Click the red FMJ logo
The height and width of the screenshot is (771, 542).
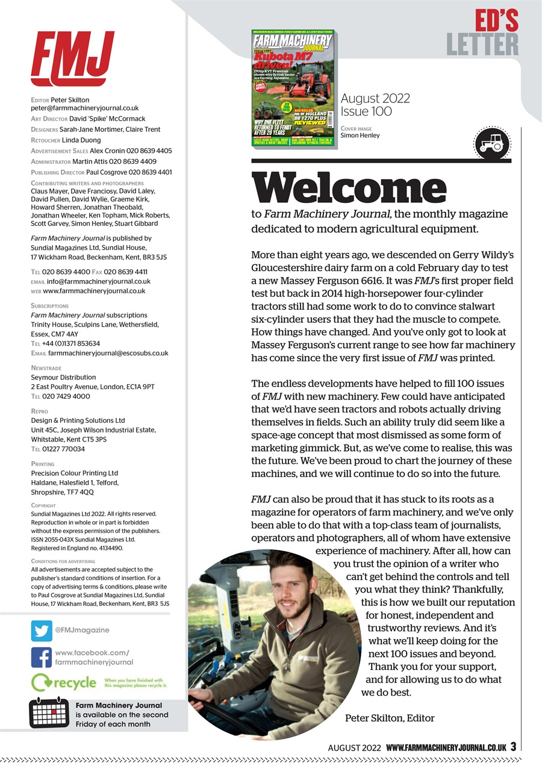pos(72,58)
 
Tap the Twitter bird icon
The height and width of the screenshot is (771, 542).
pos(42,631)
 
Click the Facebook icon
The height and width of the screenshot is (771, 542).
pos(42,657)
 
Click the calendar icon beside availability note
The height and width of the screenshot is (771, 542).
pos(49,714)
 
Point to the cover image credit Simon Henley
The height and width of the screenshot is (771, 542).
pos(360,136)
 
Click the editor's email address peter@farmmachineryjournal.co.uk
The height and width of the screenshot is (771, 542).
pos(85,108)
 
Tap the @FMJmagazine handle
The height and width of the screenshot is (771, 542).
pos(83,630)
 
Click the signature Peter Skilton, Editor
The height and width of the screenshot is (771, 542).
pos(390,718)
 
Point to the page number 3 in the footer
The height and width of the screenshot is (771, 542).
pos(513,746)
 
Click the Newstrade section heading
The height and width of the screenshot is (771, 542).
pos(46,367)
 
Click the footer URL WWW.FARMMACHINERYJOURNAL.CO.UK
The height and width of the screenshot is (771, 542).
pos(446,747)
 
